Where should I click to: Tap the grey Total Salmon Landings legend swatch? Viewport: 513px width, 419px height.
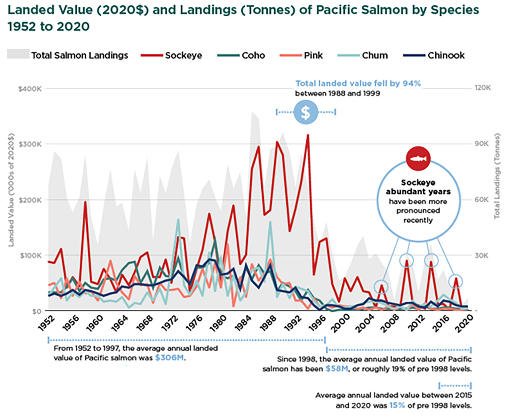coord(18,54)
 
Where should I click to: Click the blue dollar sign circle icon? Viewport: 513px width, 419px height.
coord(305,112)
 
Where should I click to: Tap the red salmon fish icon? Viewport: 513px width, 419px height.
coord(418,158)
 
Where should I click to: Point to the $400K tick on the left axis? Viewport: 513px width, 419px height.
coord(30,89)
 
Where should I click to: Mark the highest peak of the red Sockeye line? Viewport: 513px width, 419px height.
coord(308,136)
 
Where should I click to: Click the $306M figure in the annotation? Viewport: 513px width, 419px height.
coord(170,358)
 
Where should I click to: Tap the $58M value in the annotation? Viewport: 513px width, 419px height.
coord(337,369)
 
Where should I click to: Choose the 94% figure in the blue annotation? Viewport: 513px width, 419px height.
coord(411,83)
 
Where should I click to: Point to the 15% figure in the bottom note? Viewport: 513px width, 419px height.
coord(397,405)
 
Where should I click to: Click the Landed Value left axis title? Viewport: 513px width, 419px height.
coord(11,190)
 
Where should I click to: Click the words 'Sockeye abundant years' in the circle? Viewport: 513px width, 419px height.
coord(418,187)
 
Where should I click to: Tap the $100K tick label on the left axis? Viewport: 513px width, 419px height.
coord(30,255)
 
